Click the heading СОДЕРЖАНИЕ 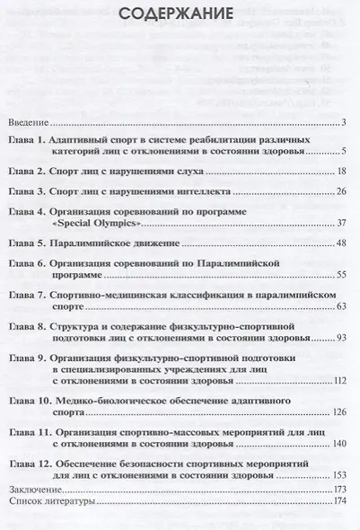tap(180, 15)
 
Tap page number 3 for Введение tap(344, 122)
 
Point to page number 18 tap(341, 171)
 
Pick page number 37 tap(341, 224)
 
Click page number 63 tap(341, 306)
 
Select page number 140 tap(339, 443)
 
